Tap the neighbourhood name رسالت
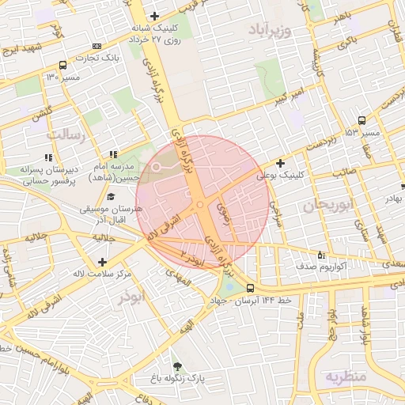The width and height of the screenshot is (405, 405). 65,134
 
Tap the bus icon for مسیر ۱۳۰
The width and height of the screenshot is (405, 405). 62,66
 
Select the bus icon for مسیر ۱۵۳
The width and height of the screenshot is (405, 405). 361,120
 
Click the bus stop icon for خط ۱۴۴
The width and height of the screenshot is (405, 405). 250,288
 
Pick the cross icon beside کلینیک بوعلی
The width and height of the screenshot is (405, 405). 280,163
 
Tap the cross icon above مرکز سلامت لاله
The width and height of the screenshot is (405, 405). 101,262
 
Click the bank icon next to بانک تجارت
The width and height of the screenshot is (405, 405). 97,46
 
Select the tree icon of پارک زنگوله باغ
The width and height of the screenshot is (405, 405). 176,365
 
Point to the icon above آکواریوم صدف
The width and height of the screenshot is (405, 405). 320,255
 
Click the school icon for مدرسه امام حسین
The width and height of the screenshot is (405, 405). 114,154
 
